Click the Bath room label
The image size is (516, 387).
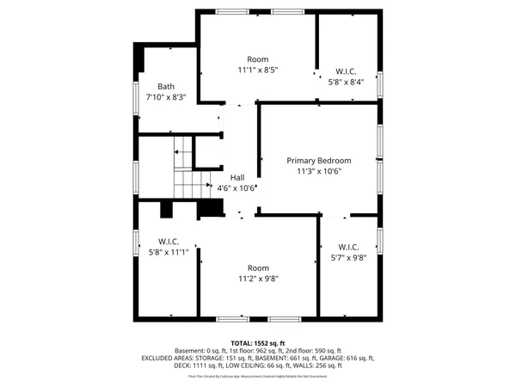point(166,86)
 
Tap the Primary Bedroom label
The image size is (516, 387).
point(319,160)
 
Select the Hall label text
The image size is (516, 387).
point(236,177)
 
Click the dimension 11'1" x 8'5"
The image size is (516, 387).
point(258,70)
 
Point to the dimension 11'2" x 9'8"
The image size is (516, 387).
point(258,279)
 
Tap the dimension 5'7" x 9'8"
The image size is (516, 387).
point(347,257)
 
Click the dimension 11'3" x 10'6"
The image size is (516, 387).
point(319,171)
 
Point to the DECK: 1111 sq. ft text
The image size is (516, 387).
point(198,365)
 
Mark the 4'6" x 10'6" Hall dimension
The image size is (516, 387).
point(236,188)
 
